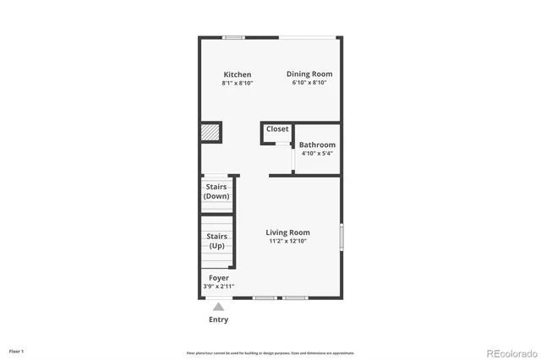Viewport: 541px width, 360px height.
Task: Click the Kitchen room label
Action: tap(238, 74)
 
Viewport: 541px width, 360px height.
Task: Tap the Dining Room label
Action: tap(309, 74)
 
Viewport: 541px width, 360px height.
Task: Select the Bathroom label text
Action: tap(317, 145)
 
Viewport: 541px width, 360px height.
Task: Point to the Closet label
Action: tap(277, 129)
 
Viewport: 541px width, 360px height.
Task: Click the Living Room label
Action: tap(287, 232)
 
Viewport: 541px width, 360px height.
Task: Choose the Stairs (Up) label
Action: tap(217, 241)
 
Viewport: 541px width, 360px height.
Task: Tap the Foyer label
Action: tap(218, 278)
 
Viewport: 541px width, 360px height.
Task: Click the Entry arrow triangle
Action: tap(219, 307)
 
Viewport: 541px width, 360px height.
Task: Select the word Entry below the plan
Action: tap(218, 320)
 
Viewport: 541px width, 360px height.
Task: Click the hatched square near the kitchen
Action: tap(210, 133)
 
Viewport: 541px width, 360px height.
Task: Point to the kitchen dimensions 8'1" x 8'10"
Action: tap(238, 84)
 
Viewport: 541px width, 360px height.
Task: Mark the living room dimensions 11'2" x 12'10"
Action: tap(287, 242)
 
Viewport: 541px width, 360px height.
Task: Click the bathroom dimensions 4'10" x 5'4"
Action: tap(317, 154)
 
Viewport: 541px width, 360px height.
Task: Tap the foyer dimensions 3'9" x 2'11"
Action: tap(218, 286)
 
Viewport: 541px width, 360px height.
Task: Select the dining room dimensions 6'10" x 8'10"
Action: tap(309, 84)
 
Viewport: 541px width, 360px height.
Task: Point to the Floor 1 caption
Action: tap(17, 351)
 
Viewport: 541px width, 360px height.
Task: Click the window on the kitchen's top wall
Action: tap(234, 37)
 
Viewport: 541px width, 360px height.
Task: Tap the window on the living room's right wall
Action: tap(341, 236)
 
